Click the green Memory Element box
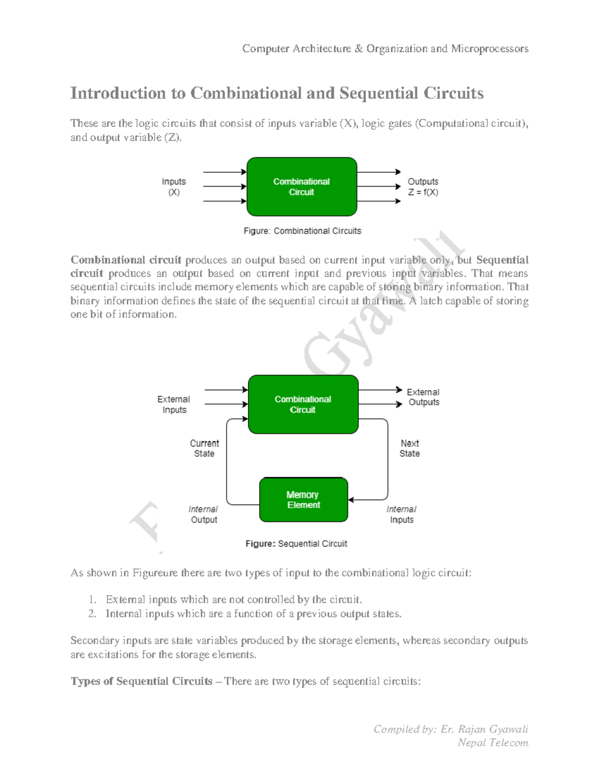pyautogui.click(x=303, y=500)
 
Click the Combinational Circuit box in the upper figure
pyautogui.click(x=301, y=187)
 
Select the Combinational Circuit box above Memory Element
pyautogui.click(x=303, y=404)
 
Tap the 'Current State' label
pyautogui.click(x=204, y=448)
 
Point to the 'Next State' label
pyautogui.click(x=409, y=448)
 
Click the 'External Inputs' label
pyautogui.click(x=174, y=404)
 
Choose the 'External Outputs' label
pyautogui.click(x=423, y=397)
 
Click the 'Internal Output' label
pyautogui.click(x=204, y=515)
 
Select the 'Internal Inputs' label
pyautogui.click(x=401, y=515)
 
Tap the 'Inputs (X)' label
pyautogui.click(x=174, y=187)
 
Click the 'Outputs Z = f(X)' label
pyautogui.click(x=423, y=187)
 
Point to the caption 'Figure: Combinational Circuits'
pyautogui.click(x=302, y=231)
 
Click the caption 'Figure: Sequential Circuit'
pyautogui.click(x=296, y=543)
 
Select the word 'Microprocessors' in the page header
pyautogui.click(x=490, y=48)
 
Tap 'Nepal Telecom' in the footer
pyautogui.click(x=493, y=743)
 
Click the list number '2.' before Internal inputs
pyautogui.click(x=92, y=614)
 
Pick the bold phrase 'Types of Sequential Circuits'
pyautogui.click(x=141, y=681)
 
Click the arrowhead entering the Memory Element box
pyautogui.click(x=351, y=500)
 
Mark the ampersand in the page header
pyautogui.click(x=359, y=48)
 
